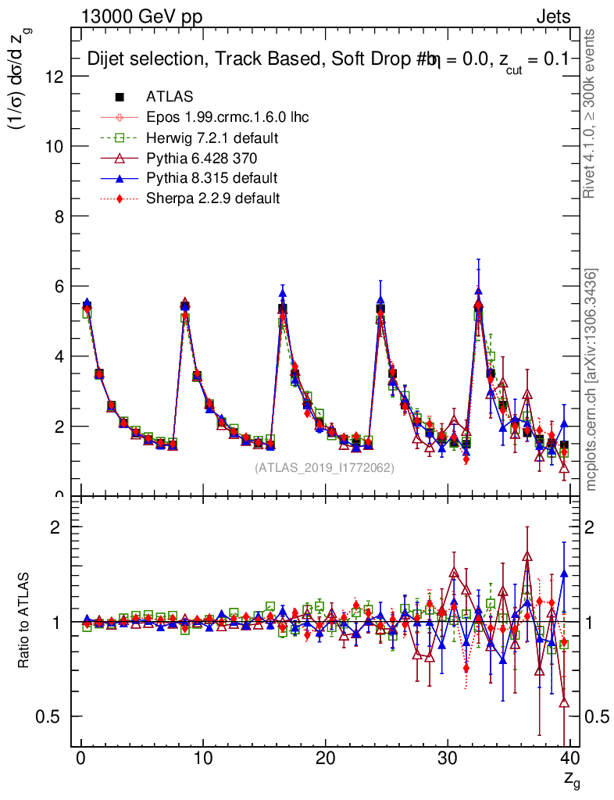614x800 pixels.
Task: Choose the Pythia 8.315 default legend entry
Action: coord(212,178)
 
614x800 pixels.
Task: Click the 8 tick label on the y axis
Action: coord(59,216)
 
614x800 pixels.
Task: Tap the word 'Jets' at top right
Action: coord(553,16)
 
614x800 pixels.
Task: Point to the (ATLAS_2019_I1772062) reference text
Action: coord(324,468)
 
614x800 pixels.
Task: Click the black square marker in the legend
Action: coord(120,97)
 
